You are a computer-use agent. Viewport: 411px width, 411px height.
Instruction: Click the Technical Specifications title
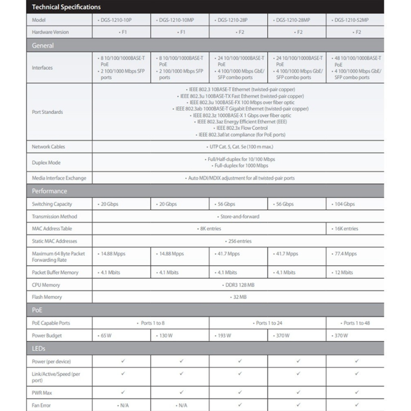click(66, 7)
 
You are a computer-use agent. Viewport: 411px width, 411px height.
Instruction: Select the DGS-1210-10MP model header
click(180, 20)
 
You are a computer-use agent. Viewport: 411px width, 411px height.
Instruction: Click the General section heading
click(43, 46)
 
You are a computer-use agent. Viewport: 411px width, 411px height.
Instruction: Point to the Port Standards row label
click(47, 112)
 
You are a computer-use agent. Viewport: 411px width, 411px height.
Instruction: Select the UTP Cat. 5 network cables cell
click(239, 147)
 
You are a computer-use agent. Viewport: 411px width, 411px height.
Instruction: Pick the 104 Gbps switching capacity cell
click(343, 204)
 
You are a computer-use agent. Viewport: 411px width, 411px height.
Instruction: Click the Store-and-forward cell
click(238, 216)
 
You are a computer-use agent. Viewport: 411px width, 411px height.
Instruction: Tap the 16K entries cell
click(345, 229)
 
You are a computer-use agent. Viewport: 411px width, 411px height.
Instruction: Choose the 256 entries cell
click(238, 241)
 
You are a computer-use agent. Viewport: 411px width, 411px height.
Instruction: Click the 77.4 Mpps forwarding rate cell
click(344, 254)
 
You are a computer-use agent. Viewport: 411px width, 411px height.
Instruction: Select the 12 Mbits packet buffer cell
click(342, 272)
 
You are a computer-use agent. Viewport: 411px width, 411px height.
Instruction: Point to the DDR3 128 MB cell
click(238, 285)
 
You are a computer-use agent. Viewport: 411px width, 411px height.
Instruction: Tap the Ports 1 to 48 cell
click(356, 323)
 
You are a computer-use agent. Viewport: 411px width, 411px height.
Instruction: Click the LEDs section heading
click(39, 349)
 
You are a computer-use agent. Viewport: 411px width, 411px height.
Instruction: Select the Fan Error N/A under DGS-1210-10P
click(123, 405)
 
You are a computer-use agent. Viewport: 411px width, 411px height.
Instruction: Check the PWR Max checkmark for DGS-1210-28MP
click(298, 393)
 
